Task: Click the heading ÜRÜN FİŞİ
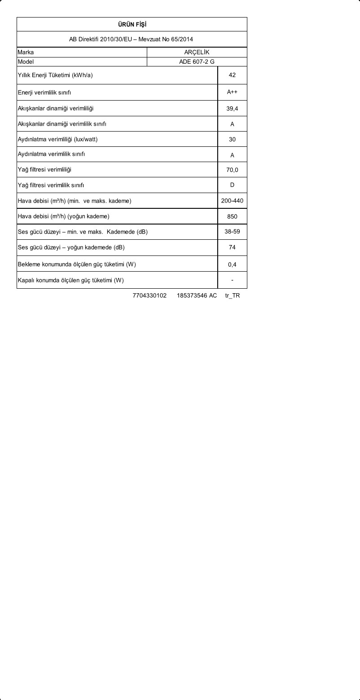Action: (x=132, y=24)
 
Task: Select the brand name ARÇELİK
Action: (x=197, y=52)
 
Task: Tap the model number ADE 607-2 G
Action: (x=197, y=62)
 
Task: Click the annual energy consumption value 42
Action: (x=232, y=75)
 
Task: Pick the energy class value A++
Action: (x=232, y=92)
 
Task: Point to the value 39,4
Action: (x=232, y=109)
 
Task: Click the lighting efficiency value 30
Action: (x=232, y=139)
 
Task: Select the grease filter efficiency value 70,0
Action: (x=232, y=170)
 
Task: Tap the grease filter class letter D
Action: (x=232, y=185)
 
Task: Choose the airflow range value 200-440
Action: (x=232, y=201)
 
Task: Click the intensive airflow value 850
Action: (x=232, y=216)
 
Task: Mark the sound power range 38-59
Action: (x=232, y=232)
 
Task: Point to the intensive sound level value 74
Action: (x=232, y=247)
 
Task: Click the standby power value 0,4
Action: (x=232, y=264)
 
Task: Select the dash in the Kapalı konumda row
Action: (x=232, y=280)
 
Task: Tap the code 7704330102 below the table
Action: (x=149, y=296)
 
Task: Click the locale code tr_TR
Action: (x=233, y=296)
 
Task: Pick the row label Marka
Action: (x=26, y=52)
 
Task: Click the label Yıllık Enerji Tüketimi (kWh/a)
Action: (x=55, y=75)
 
